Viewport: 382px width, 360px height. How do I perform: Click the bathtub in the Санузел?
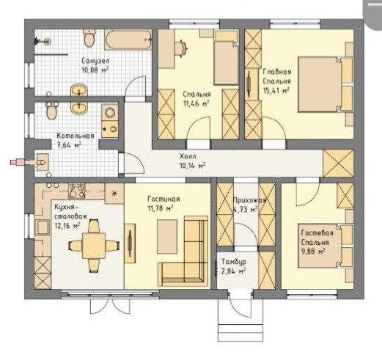click(128, 40)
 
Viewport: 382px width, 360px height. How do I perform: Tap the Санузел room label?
click(95, 60)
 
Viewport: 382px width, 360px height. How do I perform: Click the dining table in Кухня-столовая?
click(94, 246)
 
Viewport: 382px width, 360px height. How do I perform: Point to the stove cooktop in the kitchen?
click(77, 191)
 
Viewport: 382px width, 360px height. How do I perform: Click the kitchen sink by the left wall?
click(43, 227)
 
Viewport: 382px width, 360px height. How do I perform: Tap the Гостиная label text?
click(164, 199)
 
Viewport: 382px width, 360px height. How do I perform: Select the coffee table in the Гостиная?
click(167, 236)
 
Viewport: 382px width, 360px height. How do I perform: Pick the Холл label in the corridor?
click(188, 156)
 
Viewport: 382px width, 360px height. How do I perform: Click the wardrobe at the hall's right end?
click(338, 164)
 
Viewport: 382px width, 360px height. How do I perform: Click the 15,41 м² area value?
click(276, 91)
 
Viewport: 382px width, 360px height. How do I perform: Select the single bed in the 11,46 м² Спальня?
click(226, 59)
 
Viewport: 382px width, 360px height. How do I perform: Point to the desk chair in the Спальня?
click(182, 49)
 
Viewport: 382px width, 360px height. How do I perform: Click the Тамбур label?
click(234, 262)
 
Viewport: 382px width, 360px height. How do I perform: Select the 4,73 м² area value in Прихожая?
click(245, 210)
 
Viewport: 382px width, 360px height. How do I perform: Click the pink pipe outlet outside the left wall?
click(17, 162)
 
